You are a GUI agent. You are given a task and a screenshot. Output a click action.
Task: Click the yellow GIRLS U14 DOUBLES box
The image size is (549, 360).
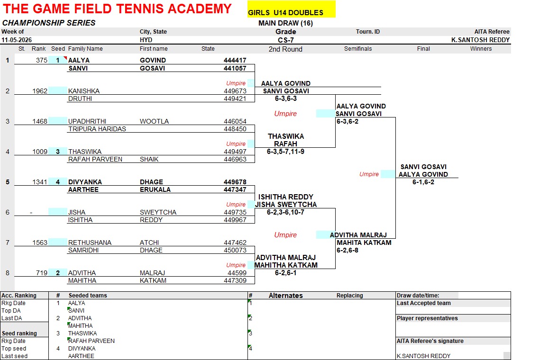click(x=291, y=9)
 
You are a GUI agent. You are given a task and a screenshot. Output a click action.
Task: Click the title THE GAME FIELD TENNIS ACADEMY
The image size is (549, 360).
click(x=117, y=9)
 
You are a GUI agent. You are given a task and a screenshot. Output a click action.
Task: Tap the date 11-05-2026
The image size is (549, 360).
click(x=17, y=40)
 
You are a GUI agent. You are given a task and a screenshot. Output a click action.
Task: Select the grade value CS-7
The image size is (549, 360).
click(x=286, y=40)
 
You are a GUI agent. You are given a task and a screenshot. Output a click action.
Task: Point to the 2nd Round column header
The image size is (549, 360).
click(x=285, y=49)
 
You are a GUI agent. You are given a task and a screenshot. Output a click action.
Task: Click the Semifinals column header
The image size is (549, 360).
click(x=358, y=49)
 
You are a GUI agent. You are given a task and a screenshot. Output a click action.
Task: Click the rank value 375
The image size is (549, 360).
click(x=42, y=60)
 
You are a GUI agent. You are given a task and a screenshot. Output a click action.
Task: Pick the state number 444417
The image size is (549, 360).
click(x=235, y=60)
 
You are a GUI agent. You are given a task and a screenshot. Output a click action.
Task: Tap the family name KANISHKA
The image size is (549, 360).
click(x=84, y=91)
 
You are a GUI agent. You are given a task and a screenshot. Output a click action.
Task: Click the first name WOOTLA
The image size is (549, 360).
click(x=155, y=121)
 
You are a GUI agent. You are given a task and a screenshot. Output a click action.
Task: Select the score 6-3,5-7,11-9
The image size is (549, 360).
click(x=285, y=152)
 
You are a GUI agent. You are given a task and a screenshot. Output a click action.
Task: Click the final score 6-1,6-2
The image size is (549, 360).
click(x=423, y=182)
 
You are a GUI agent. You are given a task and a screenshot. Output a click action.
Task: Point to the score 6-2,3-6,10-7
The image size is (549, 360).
click(x=285, y=212)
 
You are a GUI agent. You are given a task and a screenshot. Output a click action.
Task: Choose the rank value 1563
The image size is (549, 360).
click(x=40, y=243)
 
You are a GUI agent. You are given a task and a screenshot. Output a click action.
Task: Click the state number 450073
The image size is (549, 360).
click(x=235, y=250)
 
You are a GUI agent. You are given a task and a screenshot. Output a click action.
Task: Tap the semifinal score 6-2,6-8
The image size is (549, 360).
click(x=348, y=250)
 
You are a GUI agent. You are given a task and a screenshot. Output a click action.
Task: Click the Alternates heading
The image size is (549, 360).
click(x=286, y=295)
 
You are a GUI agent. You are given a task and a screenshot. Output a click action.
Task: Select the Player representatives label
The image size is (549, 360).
click(x=427, y=318)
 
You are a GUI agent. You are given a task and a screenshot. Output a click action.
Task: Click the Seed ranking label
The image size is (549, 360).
click(x=19, y=333)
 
